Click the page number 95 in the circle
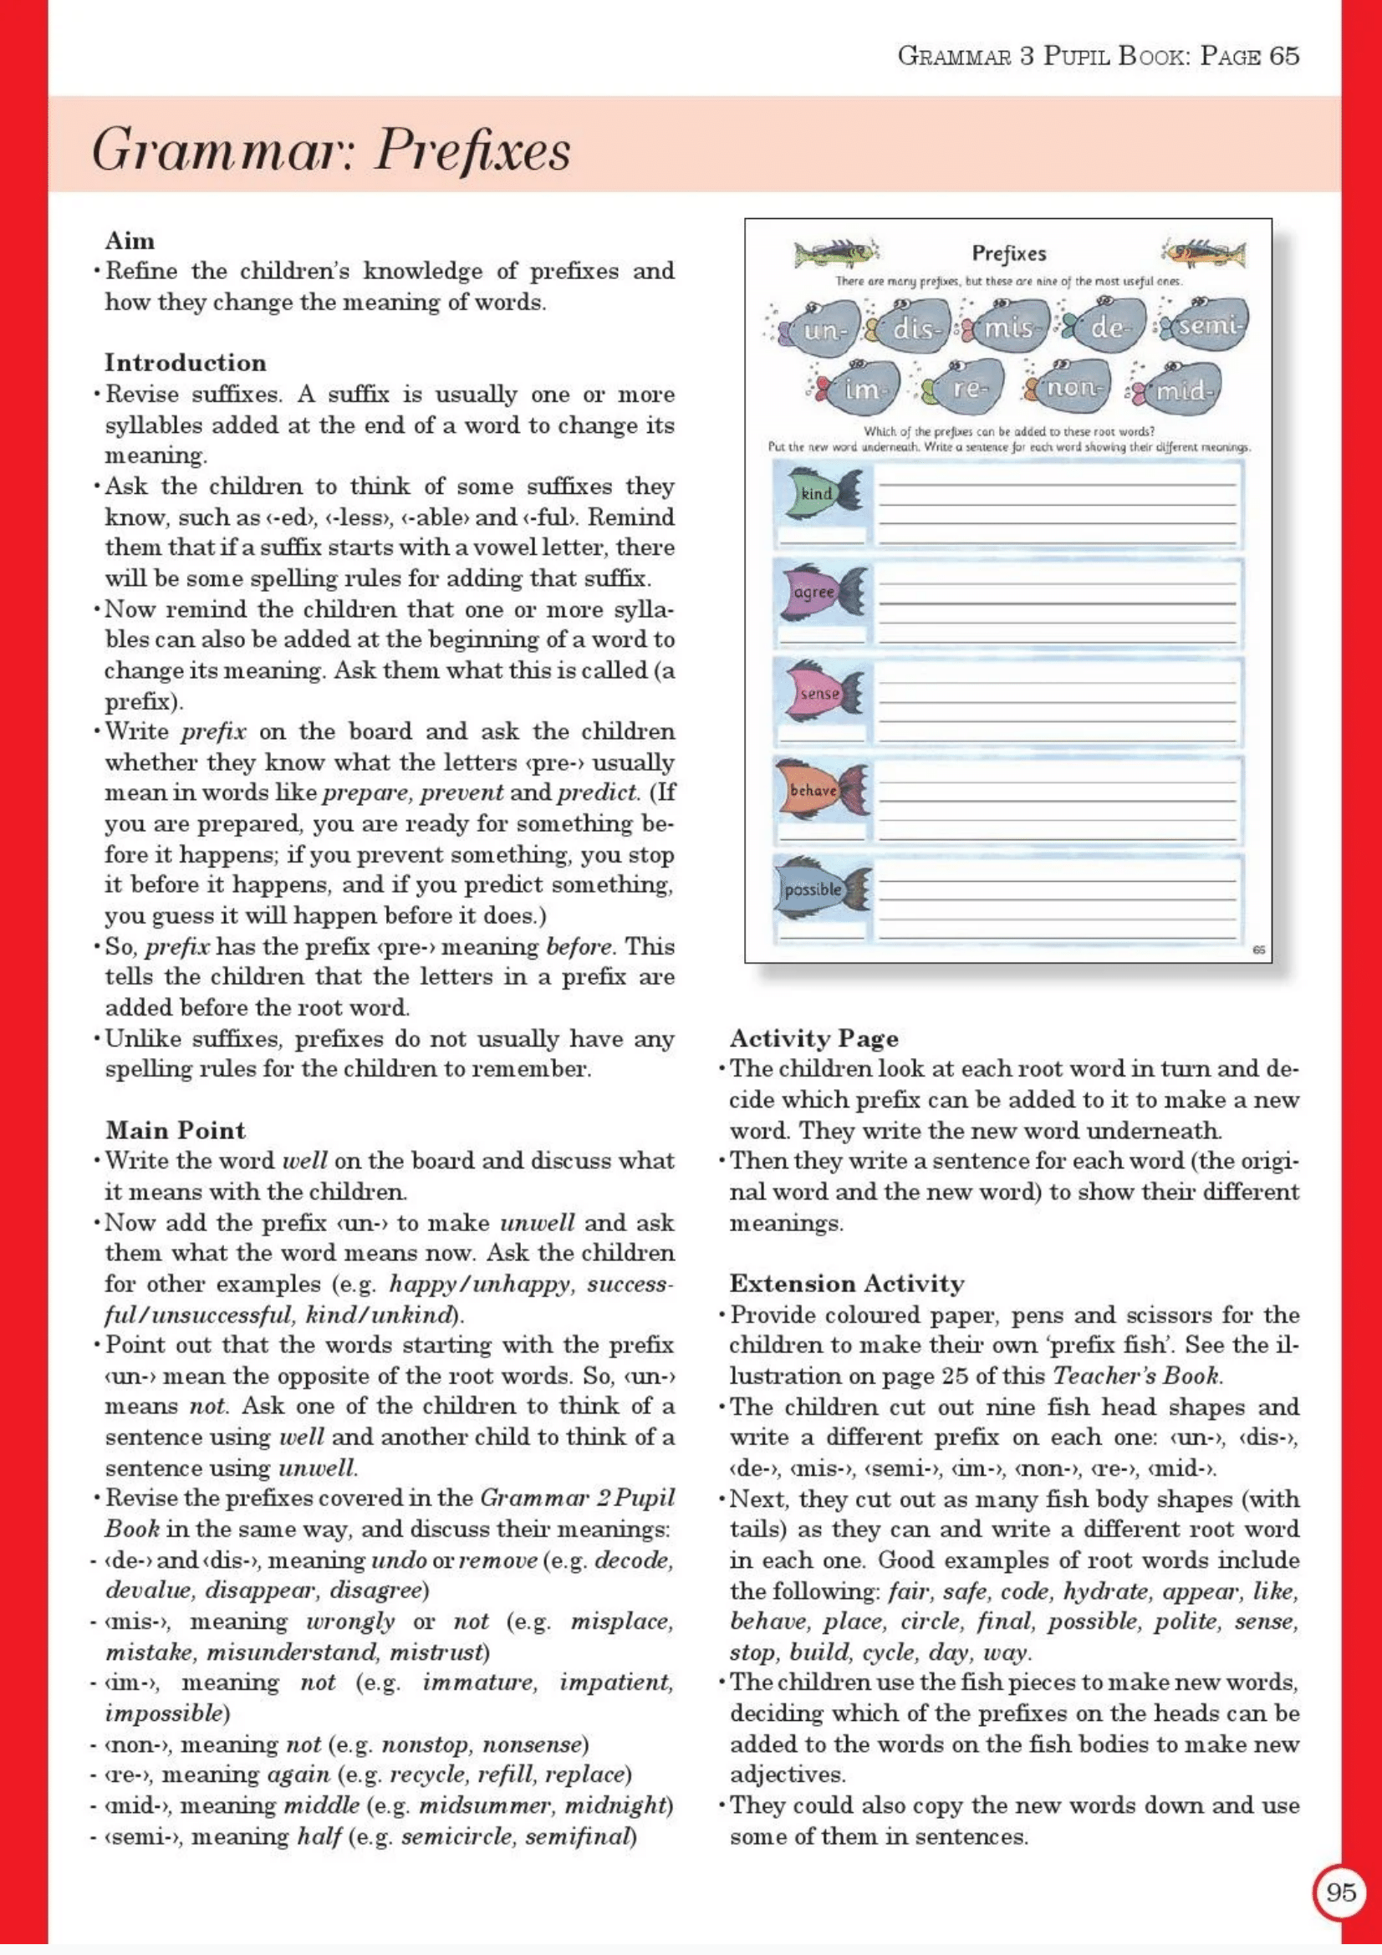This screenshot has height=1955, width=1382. tap(1340, 1892)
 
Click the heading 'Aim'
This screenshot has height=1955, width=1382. tap(130, 240)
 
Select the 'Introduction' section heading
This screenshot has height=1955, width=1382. tap(185, 363)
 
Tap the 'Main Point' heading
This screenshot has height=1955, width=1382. tap(175, 1130)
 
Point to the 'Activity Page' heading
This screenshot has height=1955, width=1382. tap(813, 1038)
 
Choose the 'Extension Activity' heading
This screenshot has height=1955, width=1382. tap(846, 1283)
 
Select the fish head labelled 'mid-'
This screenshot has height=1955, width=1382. tap(1183, 391)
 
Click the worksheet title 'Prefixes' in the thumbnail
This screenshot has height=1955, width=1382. tap(1008, 254)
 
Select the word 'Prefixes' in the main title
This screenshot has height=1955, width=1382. tap(472, 151)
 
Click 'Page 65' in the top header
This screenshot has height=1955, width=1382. tap(1249, 56)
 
